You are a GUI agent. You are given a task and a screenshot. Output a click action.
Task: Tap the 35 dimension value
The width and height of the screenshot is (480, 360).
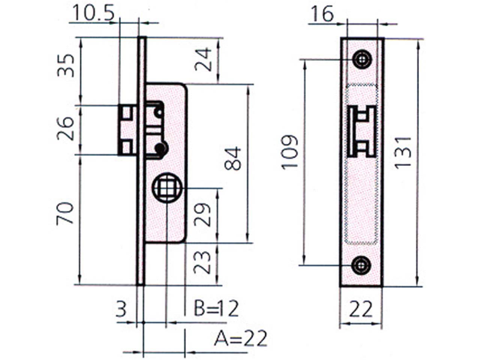[66, 66]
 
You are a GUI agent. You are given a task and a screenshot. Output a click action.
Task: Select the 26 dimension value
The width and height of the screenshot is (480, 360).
[65, 129]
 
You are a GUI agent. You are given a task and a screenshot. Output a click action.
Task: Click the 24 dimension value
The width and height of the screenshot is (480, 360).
[203, 60]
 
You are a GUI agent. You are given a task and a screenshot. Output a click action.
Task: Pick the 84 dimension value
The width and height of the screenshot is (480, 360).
[232, 159]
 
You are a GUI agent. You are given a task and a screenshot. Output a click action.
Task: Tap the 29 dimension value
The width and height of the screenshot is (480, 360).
[202, 214]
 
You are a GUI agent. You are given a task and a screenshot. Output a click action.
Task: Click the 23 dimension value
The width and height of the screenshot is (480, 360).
[202, 262]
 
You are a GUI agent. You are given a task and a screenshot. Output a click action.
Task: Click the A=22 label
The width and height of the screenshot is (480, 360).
[240, 338]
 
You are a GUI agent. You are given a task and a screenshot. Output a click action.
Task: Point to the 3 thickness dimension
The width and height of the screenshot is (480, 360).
[121, 309]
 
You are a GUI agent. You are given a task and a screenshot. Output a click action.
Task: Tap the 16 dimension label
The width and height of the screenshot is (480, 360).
[322, 14]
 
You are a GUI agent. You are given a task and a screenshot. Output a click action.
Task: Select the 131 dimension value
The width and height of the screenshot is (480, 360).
[403, 153]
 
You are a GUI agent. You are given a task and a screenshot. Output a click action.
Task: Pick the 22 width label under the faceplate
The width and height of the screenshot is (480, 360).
[361, 309]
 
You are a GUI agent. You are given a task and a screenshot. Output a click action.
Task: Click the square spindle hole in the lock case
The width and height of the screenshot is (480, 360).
[167, 187]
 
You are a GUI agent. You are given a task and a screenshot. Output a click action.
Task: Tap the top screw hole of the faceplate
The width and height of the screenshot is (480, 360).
[362, 59]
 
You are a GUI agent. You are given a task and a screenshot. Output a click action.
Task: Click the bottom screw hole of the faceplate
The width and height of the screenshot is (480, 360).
[361, 265]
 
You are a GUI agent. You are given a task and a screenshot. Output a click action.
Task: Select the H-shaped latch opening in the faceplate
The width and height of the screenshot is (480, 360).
[362, 131]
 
